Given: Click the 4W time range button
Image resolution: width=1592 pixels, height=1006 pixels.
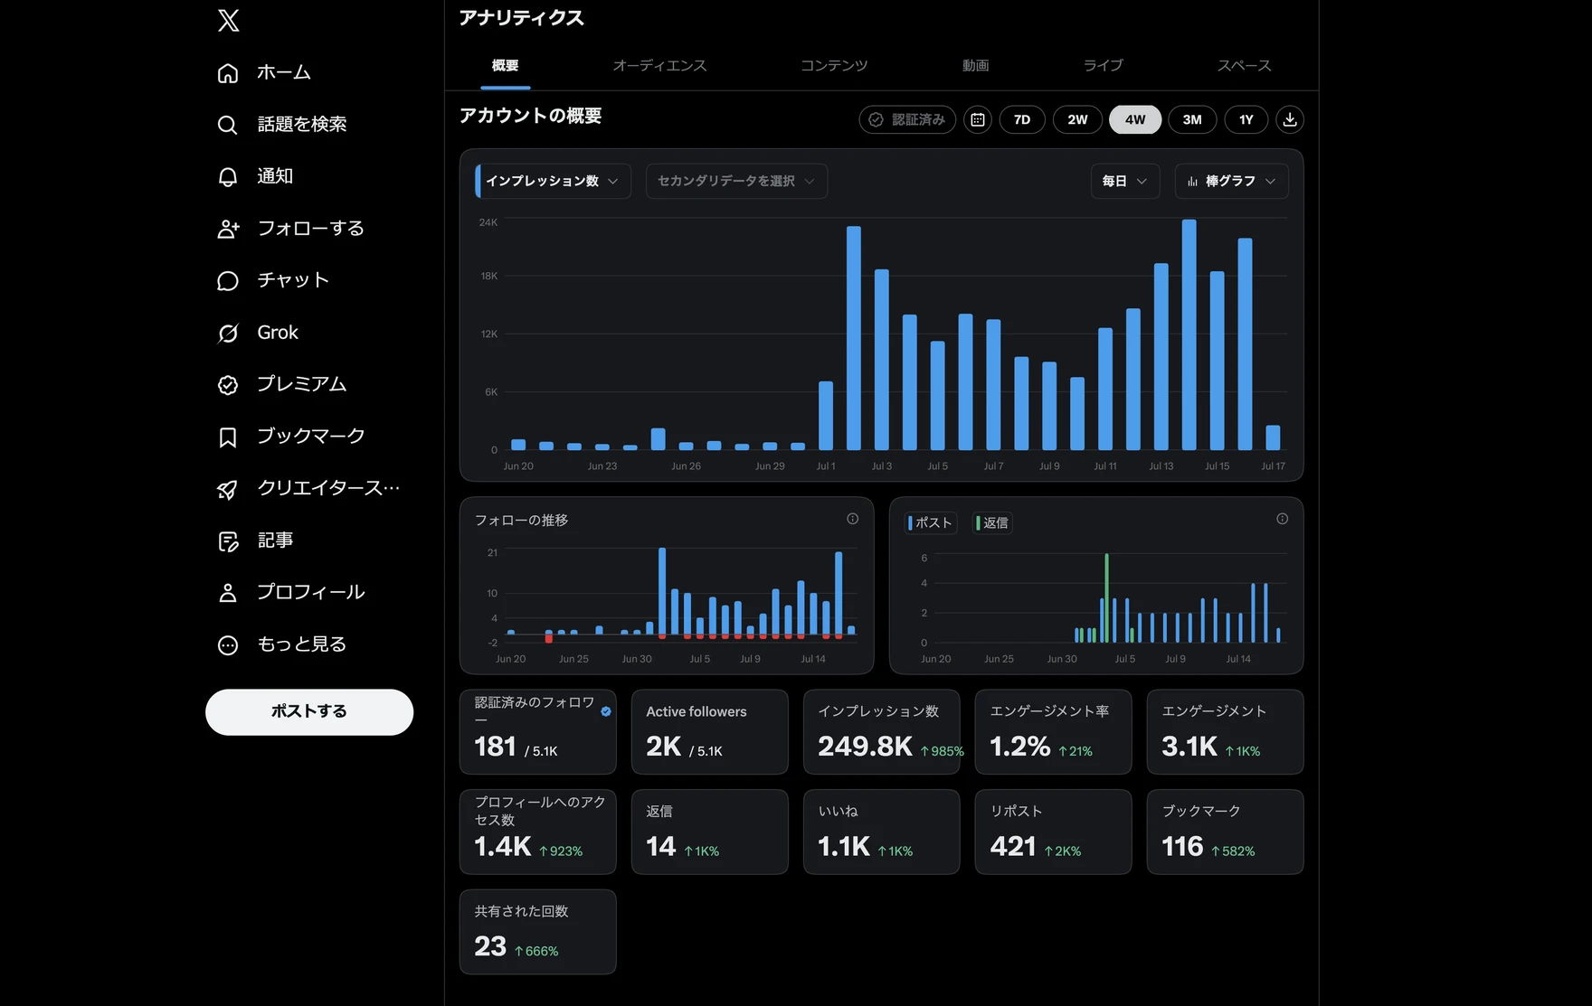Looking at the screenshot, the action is click(1134, 119).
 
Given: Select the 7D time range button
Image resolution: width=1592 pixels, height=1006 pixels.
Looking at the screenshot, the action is click(1022, 119).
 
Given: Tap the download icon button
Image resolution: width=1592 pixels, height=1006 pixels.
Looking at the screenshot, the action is click(1290, 119).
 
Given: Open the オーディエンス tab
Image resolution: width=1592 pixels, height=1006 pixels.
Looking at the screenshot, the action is click(659, 65).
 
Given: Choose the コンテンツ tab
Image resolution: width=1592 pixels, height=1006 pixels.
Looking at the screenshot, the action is click(834, 65).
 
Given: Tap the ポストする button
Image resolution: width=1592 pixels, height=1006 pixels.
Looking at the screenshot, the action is click(309, 711).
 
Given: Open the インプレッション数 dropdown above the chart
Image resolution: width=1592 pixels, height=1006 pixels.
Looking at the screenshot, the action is click(553, 181).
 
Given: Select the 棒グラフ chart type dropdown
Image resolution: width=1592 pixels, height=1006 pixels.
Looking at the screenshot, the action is click(1231, 181).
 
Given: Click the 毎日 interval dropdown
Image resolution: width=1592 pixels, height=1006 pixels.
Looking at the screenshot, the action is click(1124, 181).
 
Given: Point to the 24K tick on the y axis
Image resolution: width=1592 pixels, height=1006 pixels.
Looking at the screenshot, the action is click(488, 222).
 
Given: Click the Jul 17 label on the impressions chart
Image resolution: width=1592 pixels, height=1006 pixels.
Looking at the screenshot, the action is click(1273, 466).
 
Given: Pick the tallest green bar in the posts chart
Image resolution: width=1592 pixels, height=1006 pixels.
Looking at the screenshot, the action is click(1106, 597).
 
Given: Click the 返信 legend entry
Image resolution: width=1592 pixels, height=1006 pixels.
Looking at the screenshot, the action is click(992, 522).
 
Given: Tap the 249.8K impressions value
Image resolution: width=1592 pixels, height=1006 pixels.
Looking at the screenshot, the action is click(865, 747).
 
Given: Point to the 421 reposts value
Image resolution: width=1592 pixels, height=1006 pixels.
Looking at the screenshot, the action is click(1013, 847).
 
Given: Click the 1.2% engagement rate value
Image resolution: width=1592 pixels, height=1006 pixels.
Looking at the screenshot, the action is click(1020, 747).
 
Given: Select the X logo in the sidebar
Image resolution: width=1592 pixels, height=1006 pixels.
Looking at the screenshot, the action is click(229, 20).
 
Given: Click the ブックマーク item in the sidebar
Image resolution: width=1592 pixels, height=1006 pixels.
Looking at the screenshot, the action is click(291, 437).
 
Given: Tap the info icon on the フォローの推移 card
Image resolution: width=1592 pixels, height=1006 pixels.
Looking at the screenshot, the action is click(852, 519).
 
